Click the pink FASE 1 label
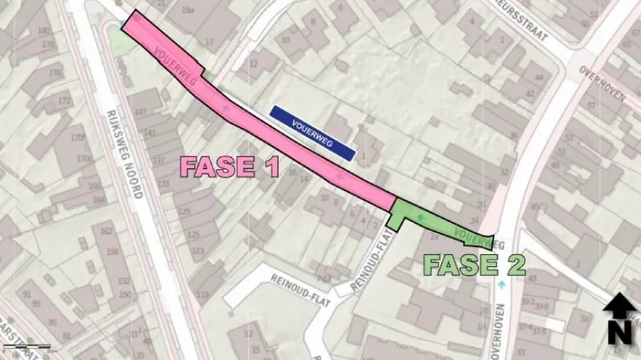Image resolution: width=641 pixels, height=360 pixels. [x=229, y=167]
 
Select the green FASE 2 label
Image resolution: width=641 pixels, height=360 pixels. [x=474, y=265]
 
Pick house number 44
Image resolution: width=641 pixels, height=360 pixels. [x=538, y=78]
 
